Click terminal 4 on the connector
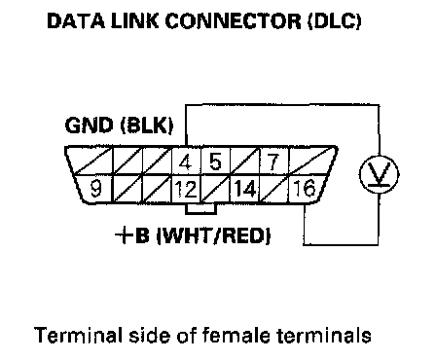(186, 162)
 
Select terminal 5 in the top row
(215, 162)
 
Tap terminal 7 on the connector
(273, 162)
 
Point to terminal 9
(95, 189)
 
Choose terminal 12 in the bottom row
(186, 189)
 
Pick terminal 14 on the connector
(244, 189)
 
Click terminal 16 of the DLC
(305, 188)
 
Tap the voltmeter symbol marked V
(380, 174)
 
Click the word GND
(89, 126)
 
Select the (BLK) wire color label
(147, 126)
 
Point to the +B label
(132, 236)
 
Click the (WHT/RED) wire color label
(213, 236)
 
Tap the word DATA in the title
(76, 21)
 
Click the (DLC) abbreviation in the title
(335, 21)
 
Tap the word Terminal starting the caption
(78, 335)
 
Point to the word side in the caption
(150, 335)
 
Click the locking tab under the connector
(200, 209)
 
